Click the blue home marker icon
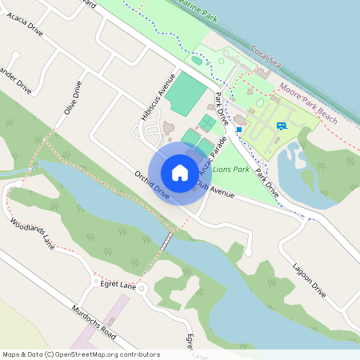click(x=180, y=172)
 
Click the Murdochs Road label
click(x=94, y=319)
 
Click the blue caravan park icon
click(x=281, y=125)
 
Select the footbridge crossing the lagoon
click(x=167, y=241)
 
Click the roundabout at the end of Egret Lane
click(x=140, y=288)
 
